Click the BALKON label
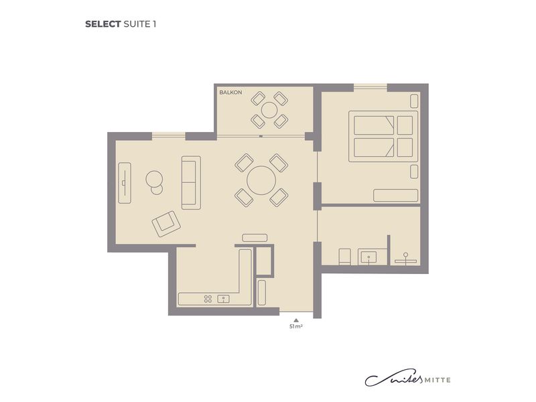tap(230, 92)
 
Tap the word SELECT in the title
tap(103, 24)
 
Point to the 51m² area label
tap(296, 326)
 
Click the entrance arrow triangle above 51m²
tap(296, 320)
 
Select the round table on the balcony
tap(270, 110)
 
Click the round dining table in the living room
tap(261, 180)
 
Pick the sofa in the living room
tap(191, 182)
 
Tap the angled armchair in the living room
tap(166, 224)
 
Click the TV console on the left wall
tap(125, 183)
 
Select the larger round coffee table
tap(154, 179)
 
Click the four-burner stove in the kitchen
tap(208, 299)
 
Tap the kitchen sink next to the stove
tap(224, 299)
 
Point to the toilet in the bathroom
tap(344, 257)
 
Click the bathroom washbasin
tap(368, 257)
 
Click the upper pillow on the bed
tap(405, 125)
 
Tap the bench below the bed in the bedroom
tap(395, 196)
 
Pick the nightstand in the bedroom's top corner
tap(414, 101)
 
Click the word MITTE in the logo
tap(438, 380)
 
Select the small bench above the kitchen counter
tap(255, 238)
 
